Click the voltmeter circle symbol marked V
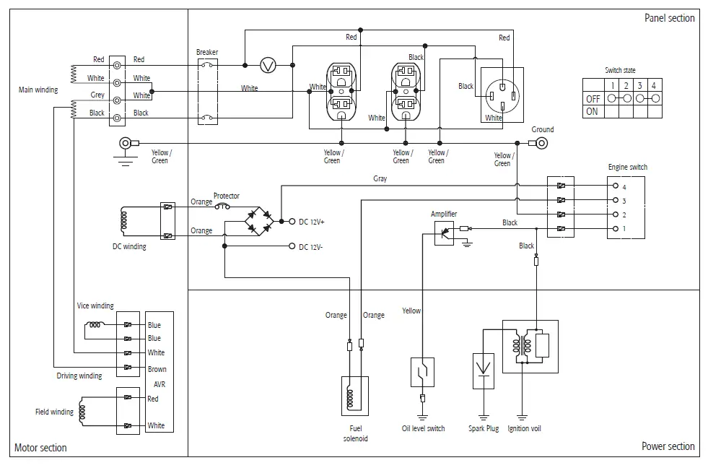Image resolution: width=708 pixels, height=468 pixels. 268,65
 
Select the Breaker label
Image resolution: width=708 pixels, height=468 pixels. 207,52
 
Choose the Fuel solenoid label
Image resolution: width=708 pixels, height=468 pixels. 355,433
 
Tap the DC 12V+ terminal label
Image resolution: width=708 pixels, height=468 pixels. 312,222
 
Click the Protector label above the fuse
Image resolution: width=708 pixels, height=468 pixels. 226,196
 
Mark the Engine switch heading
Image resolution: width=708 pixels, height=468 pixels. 627,167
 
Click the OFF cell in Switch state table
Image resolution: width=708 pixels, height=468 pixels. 593,98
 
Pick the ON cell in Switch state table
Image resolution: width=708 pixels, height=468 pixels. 592,112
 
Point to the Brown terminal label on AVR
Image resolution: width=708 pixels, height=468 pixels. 157,369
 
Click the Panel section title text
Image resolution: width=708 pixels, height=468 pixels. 669,18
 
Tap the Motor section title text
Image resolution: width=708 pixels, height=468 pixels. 40,448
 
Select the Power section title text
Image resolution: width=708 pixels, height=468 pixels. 668,446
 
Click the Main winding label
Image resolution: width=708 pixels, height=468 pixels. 38,90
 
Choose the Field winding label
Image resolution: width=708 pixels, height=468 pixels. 54,412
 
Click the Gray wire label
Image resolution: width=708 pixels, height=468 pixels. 380,178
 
